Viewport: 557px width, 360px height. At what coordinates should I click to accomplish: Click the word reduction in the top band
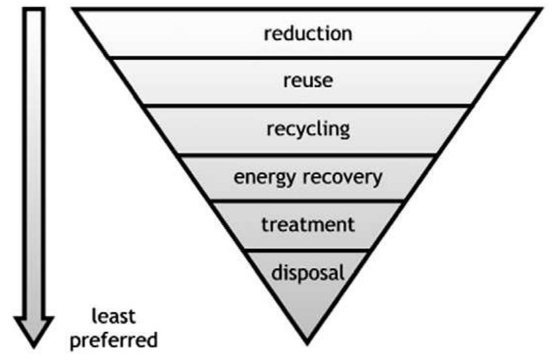(x=307, y=33)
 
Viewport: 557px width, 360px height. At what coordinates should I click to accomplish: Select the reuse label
(x=308, y=82)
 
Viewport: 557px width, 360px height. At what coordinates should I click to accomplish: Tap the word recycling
(x=308, y=128)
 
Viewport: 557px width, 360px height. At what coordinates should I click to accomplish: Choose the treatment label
(x=308, y=225)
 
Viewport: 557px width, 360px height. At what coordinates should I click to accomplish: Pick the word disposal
(x=308, y=272)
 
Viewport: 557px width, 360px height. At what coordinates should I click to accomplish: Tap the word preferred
(x=113, y=340)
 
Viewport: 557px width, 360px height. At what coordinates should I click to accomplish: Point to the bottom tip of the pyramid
(x=307, y=340)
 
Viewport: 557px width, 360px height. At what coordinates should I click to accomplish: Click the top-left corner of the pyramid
(x=74, y=10)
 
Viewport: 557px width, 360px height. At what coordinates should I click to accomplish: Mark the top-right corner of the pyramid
(x=540, y=10)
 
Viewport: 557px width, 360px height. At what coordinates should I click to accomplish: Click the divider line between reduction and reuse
(x=307, y=57)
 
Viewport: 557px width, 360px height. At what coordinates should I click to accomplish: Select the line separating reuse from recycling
(x=307, y=106)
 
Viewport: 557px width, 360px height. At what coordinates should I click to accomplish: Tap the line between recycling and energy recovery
(x=307, y=154)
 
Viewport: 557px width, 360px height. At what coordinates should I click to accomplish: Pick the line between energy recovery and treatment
(x=307, y=202)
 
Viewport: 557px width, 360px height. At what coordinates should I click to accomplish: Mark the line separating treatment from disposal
(x=307, y=249)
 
